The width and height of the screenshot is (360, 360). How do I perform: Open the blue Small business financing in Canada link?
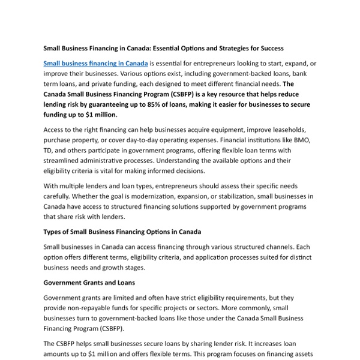coord(95,63)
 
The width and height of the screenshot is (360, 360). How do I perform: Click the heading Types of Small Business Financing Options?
coord(122,232)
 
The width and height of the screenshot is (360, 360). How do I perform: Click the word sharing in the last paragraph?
coord(198,344)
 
